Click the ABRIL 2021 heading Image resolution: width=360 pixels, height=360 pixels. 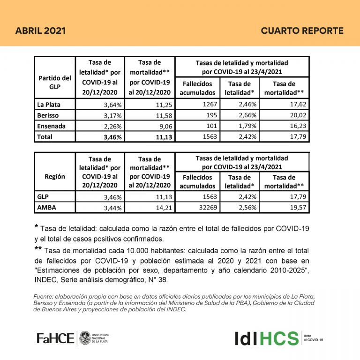[x=40, y=31]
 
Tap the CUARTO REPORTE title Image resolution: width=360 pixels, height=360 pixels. [x=302, y=31]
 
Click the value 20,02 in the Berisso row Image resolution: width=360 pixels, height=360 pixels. [x=296, y=115]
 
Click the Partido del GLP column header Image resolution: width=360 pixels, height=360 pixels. [x=54, y=82]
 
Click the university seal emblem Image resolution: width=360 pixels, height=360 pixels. [x=85, y=337]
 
